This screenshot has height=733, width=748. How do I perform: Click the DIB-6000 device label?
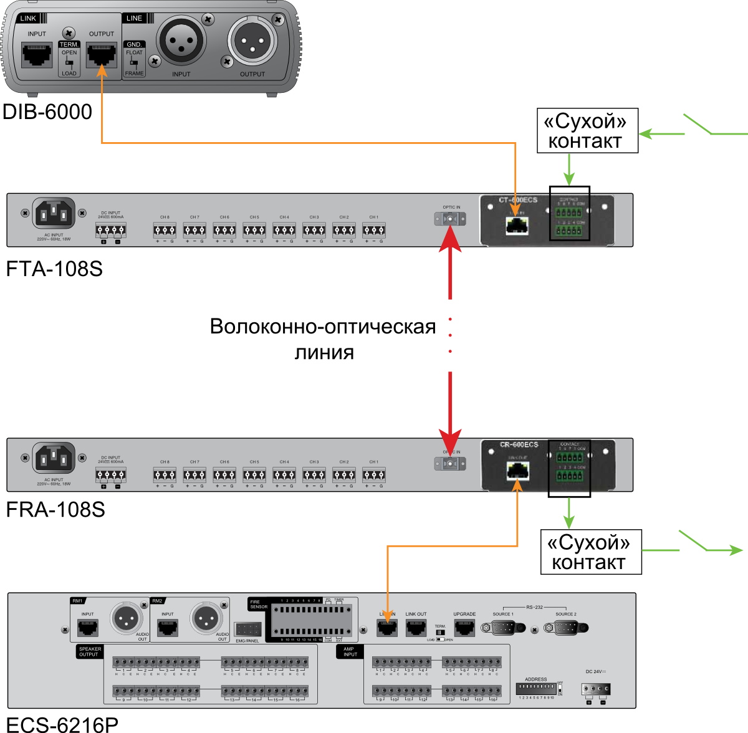coord(47,112)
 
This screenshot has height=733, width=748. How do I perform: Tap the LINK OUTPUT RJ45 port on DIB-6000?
coord(101,55)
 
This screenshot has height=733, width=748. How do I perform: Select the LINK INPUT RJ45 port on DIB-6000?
coord(37,55)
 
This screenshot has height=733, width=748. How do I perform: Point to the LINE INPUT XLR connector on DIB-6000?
coord(181,41)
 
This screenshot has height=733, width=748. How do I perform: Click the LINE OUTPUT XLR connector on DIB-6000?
coord(252,41)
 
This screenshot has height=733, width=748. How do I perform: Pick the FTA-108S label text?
coord(54,269)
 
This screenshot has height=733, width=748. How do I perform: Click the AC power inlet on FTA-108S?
coord(54,214)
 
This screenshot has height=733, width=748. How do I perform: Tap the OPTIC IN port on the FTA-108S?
coord(450,219)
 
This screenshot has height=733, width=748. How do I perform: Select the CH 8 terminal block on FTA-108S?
coord(165,231)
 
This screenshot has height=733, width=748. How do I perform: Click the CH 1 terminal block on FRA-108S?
coord(373,475)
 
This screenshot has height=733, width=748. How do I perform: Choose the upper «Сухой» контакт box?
coord(587,131)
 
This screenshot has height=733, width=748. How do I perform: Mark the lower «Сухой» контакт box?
coord(590,552)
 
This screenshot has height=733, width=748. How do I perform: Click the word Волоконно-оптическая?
coord(322,327)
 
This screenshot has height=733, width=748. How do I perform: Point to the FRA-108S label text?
coord(55,510)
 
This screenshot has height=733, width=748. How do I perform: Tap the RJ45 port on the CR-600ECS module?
coord(517,471)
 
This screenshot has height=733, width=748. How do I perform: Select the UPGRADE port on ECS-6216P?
coord(464,628)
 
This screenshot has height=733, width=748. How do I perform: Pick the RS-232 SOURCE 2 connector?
coord(565,628)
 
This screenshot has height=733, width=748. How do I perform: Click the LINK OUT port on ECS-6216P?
coord(416,628)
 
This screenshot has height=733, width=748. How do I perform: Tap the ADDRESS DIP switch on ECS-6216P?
coord(535,689)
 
